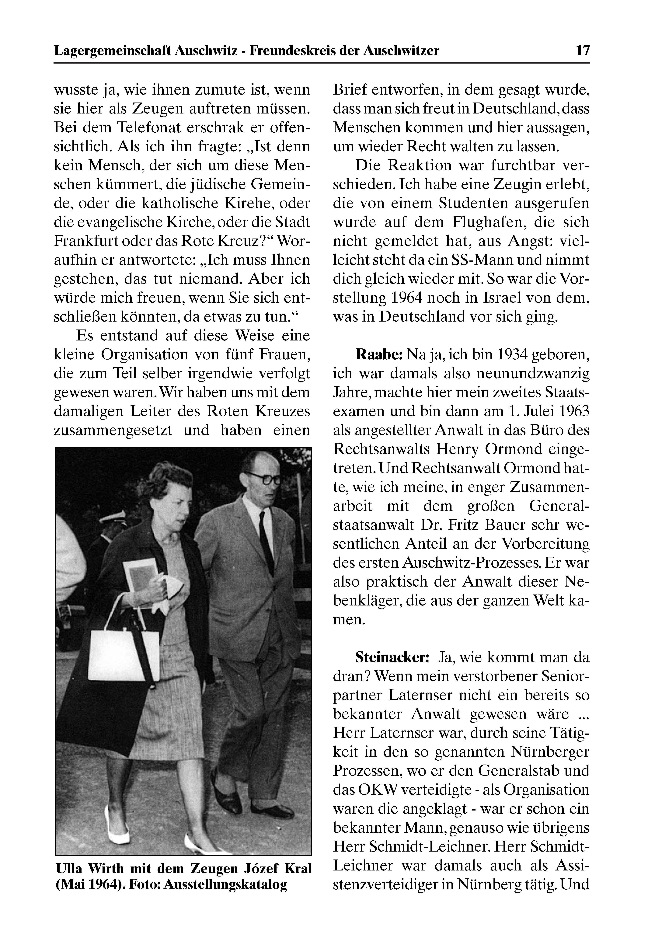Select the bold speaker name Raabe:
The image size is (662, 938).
tap(380, 355)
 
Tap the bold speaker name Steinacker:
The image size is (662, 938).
tap(392, 657)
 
